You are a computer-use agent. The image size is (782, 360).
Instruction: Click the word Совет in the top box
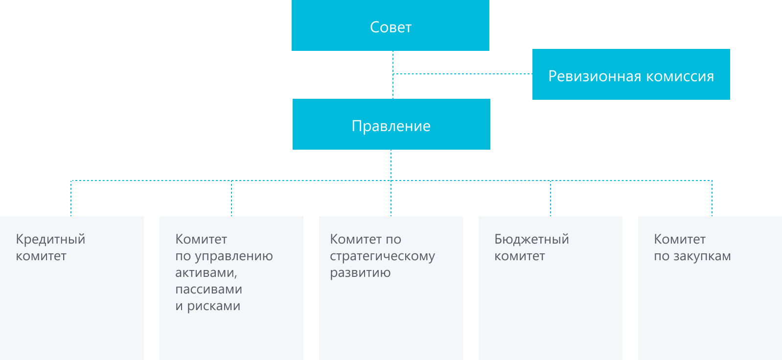tap(391, 27)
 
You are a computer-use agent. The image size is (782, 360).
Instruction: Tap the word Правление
tap(391, 126)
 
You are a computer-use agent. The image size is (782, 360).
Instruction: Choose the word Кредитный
tap(50, 239)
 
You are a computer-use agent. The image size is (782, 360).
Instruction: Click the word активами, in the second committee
tap(206, 272)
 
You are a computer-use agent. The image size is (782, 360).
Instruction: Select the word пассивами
tap(208, 289)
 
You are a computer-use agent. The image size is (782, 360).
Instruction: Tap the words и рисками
tap(207, 306)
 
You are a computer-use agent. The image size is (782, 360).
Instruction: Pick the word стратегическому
tap(382, 256)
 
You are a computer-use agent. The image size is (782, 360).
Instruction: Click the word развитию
tap(360, 272)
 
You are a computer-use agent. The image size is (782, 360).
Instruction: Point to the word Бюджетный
tap(531, 239)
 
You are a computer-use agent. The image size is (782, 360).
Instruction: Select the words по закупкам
tap(692, 256)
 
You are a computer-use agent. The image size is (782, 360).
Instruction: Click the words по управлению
tap(224, 256)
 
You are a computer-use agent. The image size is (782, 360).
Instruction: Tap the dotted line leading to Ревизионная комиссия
tap(462, 74)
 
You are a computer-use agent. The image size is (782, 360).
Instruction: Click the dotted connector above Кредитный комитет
tap(71, 198)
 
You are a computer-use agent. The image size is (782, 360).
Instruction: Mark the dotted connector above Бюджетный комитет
tap(551, 198)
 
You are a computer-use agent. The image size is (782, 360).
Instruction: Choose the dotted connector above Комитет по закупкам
tap(712, 198)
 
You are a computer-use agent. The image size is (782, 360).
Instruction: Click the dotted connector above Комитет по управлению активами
tap(231, 198)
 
